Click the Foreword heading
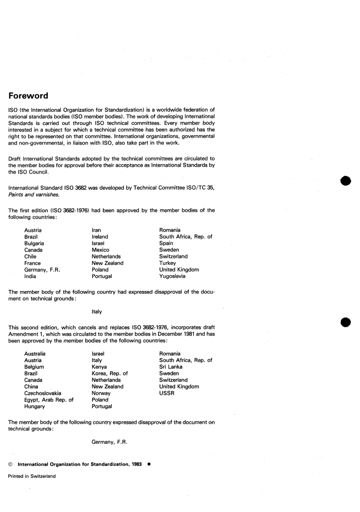pos(28,96)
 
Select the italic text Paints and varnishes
pos(34,194)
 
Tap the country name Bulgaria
pos(34,243)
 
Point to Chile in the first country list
pos(30,257)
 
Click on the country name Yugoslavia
pos(172,276)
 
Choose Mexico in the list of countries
pos(100,250)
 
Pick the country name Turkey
pos(167,263)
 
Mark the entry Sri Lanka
pos(171,367)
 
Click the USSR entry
pos(167,393)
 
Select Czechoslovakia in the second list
pos(42,393)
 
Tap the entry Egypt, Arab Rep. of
pos(49,400)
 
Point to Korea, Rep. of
pos(110,373)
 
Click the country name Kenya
pos(99,367)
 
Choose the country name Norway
pos(101,393)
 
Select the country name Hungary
pos(34,406)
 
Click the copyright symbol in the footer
pos(11,464)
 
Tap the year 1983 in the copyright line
pos(137,464)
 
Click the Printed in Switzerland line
pos(32,476)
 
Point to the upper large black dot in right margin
pos(345,181)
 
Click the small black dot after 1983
pos(149,464)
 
